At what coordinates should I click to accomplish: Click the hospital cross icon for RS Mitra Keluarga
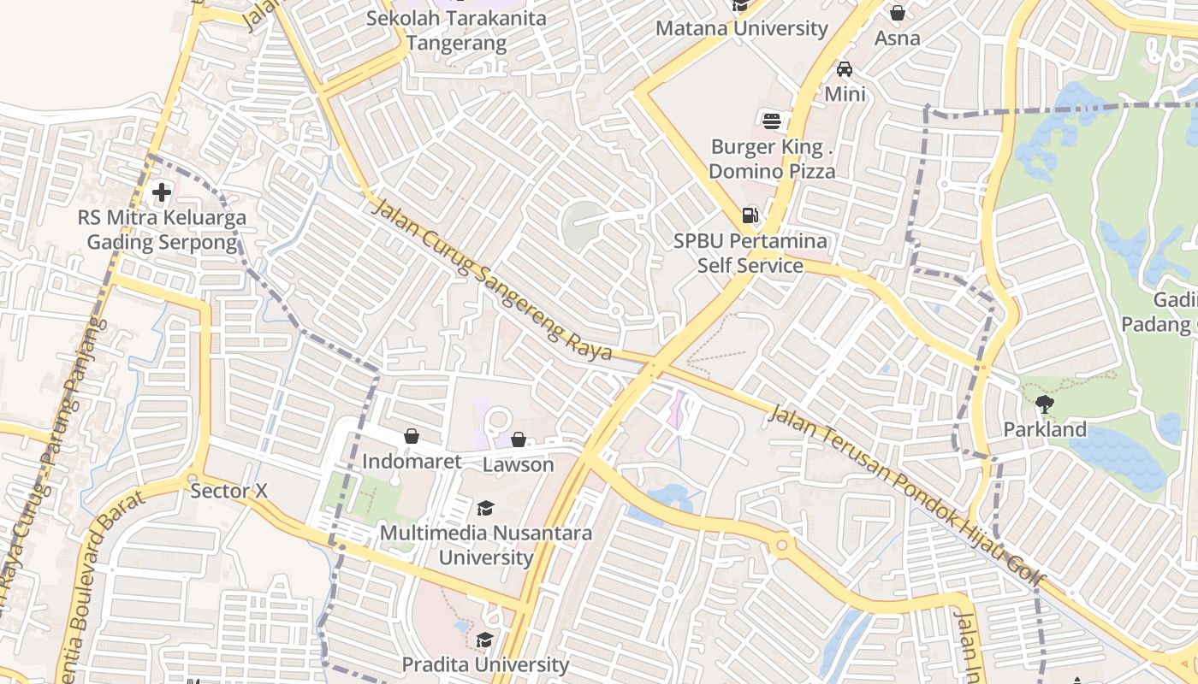pos(161,192)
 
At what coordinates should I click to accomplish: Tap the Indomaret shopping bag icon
pos(412,436)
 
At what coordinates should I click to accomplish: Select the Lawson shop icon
pos(519,439)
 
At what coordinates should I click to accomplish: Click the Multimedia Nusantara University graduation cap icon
pos(485,509)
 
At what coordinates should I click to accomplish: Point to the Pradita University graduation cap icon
pos(485,640)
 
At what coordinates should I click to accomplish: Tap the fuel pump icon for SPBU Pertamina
pos(750,215)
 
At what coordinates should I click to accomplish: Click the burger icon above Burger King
pos(772,121)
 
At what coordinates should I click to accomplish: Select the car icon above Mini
pos(845,69)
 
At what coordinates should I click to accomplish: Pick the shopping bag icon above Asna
pos(898,13)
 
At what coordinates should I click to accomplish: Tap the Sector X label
pos(229,491)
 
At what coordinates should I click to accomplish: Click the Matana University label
pos(742,28)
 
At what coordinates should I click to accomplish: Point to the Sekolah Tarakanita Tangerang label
pos(456,30)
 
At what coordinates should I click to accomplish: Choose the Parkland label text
pos(1045,429)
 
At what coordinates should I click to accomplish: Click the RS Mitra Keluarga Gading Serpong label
pos(162,230)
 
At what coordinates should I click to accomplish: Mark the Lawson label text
pos(519,465)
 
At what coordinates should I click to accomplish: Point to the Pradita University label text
pos(485,664)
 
